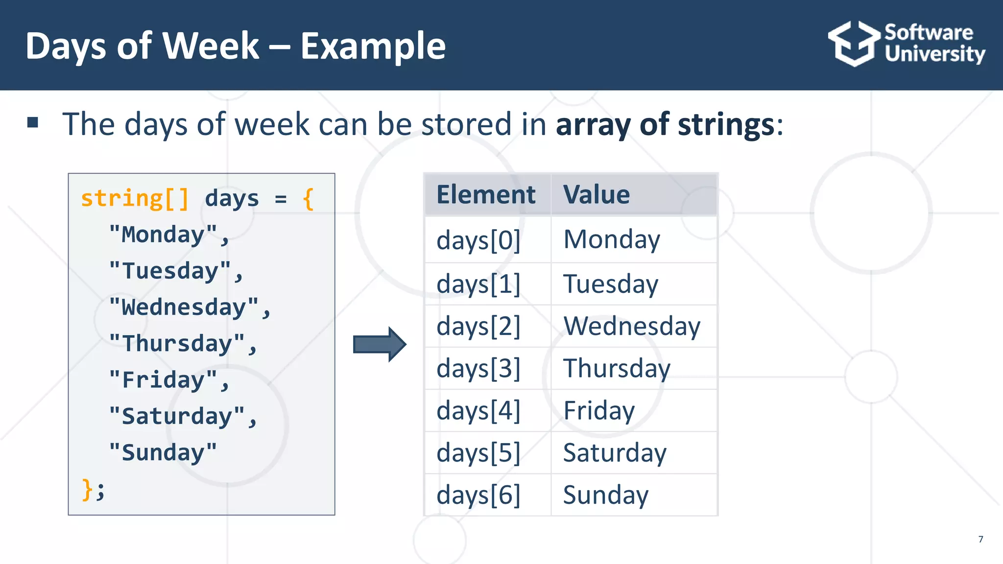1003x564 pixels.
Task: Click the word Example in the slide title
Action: point(373,46)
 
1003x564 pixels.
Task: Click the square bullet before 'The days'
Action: point(33,122)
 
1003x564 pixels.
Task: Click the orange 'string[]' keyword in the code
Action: point(135,199)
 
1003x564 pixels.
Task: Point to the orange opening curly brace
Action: point(308,199)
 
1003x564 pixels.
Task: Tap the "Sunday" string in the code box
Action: point(163,453)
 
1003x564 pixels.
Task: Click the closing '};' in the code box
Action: point(93,489)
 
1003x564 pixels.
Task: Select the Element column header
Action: point(486,194)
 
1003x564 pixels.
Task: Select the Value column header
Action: point(596,194)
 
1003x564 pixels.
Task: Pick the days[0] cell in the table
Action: point(478,240)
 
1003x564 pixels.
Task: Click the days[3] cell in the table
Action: point(478,368)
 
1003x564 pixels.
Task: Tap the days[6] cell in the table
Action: point(478,495)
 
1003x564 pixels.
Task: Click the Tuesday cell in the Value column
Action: point(611,284)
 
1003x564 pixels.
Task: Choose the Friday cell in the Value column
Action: point(599,410)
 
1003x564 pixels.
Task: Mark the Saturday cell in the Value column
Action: point(615,453)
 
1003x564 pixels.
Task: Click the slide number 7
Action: point(980,539)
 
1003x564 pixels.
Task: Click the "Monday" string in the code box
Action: point(168,235)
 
